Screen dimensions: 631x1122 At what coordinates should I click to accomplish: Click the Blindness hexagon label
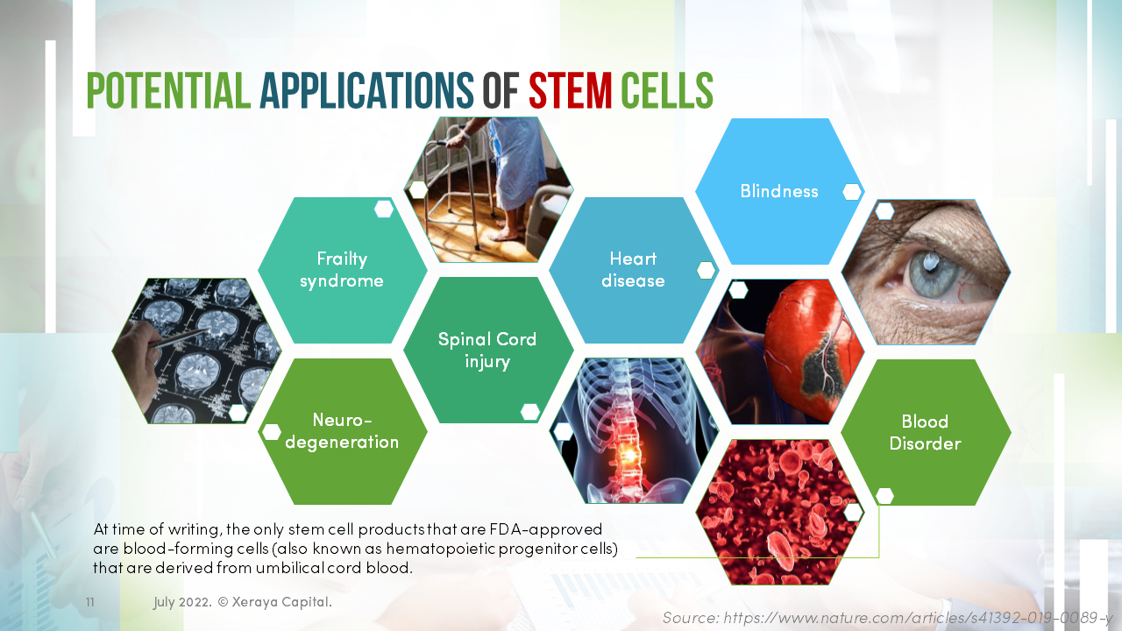pos(778,191)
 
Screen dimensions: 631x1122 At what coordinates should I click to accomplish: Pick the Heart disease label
pos(633,270)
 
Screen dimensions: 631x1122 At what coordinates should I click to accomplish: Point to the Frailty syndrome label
pos(342,270)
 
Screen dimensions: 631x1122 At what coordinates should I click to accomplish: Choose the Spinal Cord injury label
pos(487,350)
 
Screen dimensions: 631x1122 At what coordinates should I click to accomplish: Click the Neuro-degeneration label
pos(342,431)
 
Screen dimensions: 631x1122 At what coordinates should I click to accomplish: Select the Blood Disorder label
pos(925,432)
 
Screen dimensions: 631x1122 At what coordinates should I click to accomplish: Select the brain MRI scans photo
pos(197,351)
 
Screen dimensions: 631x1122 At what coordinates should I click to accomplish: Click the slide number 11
pos(90,603)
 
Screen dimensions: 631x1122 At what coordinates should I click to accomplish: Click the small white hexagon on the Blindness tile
pos(851,192)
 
